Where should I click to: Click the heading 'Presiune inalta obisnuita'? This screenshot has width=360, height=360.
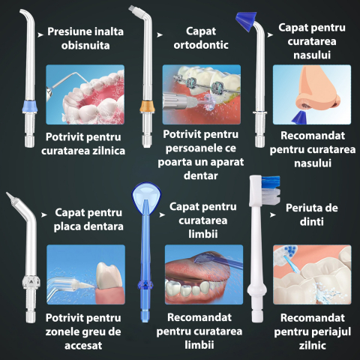pyautogui.click(x=85, y=38)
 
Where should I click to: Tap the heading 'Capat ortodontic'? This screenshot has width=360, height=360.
pyautogui.click(x=201, y=38)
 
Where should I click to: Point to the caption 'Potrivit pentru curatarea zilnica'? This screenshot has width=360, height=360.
pyautogui.click(x=84, y=143)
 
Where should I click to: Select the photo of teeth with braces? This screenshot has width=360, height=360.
pyautogui.click(x=201, y=94)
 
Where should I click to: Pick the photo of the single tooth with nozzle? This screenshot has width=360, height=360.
pyautogui.click(x=85, y=274)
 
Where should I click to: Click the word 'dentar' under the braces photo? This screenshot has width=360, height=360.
pyautogui.click(x=200, y=175)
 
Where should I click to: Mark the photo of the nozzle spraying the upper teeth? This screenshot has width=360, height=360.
pyautogui.click(x=84, y=94)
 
